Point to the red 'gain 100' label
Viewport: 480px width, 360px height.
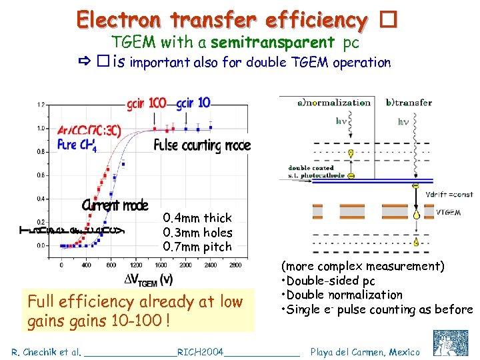(147, 104)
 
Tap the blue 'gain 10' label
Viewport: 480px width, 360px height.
(194, 103)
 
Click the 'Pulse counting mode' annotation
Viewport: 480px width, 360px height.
(202, 145)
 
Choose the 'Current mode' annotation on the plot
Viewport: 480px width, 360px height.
(115, 205)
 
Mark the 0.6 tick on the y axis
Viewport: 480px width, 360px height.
(41, 175)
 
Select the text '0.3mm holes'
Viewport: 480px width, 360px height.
(197, 233)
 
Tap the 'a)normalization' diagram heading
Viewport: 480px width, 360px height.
(333, 103)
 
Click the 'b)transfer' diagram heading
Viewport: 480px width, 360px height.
(409, 103)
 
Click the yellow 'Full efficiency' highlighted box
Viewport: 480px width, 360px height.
(135, 311)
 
